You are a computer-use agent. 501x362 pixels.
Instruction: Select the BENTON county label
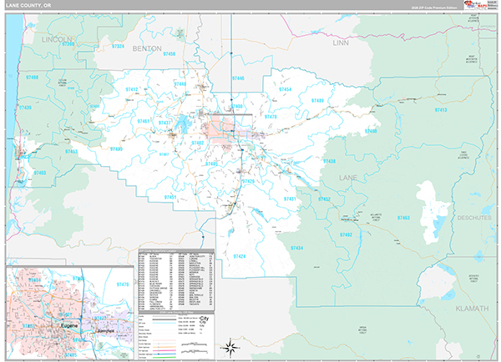146,49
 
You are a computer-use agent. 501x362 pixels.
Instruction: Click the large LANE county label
347,178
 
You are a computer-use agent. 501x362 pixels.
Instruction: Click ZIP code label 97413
441,110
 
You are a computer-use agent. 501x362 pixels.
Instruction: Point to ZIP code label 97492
345,235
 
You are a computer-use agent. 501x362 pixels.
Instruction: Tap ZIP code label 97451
170,197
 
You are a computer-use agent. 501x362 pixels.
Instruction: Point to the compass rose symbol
230,345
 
